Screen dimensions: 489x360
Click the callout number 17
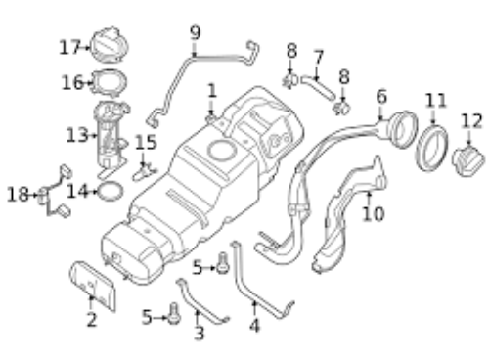point(69,48)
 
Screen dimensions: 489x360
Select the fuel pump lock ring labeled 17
point(109,44)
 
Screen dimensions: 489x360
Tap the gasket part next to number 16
point(109,83)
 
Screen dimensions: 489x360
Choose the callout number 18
point(18,195)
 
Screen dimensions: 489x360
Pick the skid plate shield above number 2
point(93,286)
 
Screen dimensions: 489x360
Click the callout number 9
point(195,33)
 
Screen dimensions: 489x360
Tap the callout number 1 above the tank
point(212,91)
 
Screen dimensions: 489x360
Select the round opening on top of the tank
point(222,151)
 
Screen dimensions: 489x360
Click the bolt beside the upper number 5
point(223,263)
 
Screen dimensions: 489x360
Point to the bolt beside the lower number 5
point(174,313)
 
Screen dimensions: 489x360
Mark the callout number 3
point(199,334)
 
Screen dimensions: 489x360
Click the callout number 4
point(254,326)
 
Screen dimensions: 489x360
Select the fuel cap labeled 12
point(468,160)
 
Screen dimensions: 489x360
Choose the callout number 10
point(374,214)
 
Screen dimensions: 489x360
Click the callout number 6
point(381,97)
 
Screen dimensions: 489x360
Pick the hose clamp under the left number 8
point(289,81)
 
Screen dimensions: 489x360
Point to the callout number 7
point(318,57)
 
